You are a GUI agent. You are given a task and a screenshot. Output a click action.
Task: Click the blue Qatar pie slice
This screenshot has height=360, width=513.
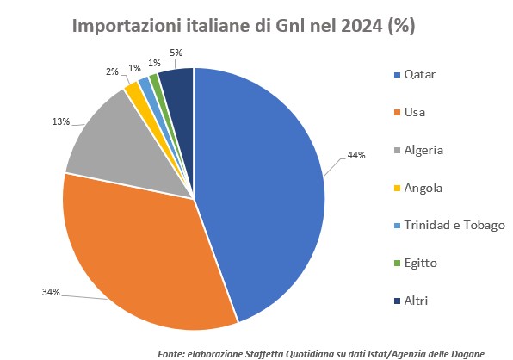tap(263, 189)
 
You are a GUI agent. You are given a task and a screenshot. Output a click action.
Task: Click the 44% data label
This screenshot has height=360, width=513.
tap(355, 155)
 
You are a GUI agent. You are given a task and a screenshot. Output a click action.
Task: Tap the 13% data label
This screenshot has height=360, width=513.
tap(60, 122)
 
